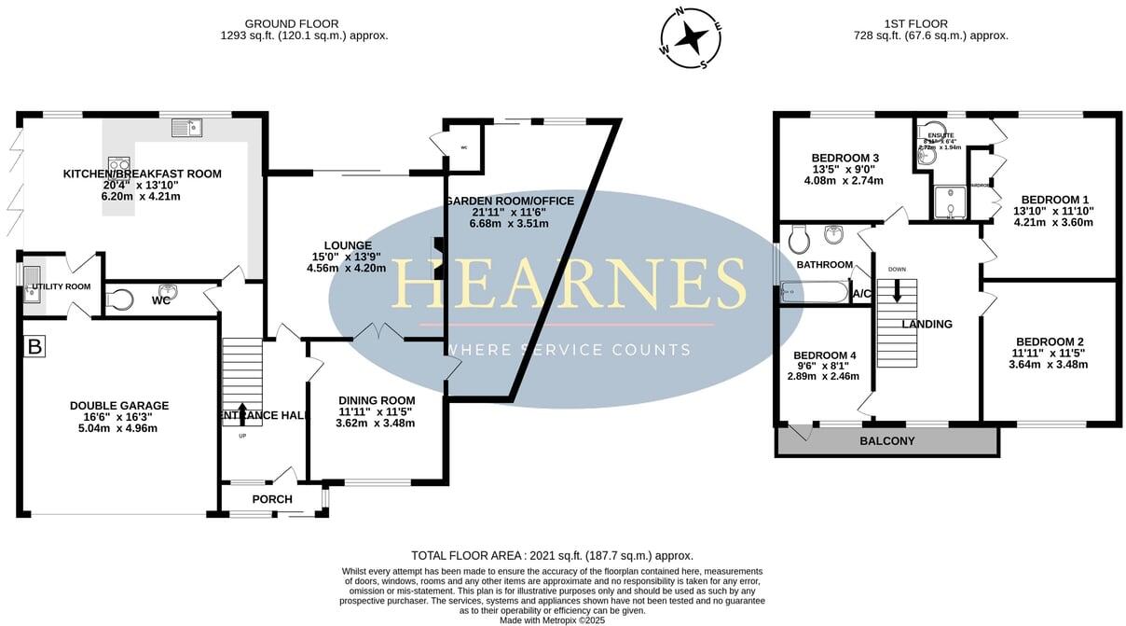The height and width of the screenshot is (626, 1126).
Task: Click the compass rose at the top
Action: (691, 38)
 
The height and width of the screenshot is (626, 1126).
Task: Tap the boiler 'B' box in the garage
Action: (35, 347)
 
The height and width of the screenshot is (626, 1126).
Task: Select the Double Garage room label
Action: (119, 406)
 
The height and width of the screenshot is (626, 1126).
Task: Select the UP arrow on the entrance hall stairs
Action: (243, 413)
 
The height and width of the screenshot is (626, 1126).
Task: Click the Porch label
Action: (272, 499)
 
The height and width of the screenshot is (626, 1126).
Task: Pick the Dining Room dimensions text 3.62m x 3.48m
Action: (377, 423)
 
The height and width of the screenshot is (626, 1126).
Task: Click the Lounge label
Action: (347, 246)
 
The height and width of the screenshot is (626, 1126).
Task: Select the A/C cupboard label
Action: (861, 295)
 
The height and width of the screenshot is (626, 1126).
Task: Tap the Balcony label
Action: (887, 441)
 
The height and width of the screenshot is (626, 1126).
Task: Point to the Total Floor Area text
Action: (552, 555)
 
